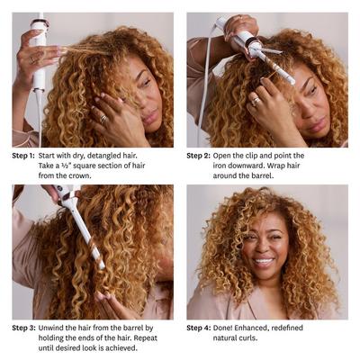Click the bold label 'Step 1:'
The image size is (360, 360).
(x=25, y=155)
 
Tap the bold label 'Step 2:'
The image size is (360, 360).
(x=200, y=155)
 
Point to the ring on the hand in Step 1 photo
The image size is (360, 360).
(x=103, y=117)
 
